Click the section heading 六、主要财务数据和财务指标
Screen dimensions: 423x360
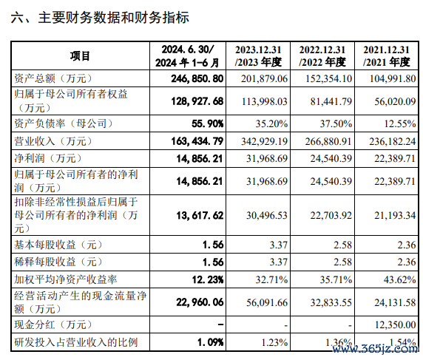coord(100,18)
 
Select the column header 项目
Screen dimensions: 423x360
coord(80,56)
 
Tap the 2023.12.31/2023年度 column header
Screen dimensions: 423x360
coord(258,56)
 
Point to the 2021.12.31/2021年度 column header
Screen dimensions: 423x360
coord(386,56)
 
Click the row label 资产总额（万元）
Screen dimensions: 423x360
coord(53,78)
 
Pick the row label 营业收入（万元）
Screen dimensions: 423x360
coord(53,141)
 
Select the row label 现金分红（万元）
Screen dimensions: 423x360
coord(53,325)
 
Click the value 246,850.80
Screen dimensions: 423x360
coord(197,78)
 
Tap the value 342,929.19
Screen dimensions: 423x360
coord(265,141)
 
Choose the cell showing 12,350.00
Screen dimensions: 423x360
coord(395,325)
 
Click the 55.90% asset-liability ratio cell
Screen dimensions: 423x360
coord(208,123)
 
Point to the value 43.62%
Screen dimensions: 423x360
coord(400,279)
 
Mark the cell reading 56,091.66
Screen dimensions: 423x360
coord(267,302)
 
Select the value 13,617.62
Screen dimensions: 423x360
coord(200,215)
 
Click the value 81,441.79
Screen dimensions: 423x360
coord(331,101)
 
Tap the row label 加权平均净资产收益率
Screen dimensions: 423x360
coord(66,279)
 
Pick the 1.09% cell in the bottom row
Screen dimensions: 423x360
coord(211,342)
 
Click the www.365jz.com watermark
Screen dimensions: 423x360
coord(375,349)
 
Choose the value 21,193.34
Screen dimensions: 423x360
coord(395,215)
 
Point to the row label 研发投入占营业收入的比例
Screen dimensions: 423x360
coord(76,342)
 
